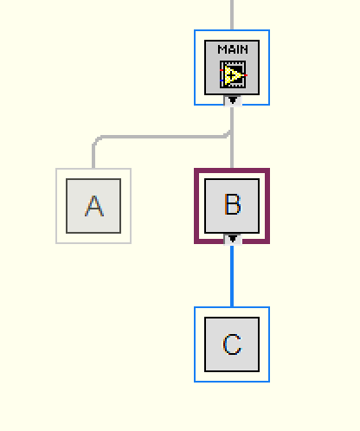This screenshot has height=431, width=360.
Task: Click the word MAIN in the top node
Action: [233, 49]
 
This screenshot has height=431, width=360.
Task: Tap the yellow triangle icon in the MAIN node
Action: [233, 74]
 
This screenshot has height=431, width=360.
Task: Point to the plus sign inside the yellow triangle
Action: [230, 75]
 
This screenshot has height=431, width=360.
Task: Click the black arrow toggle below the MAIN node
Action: [233, 100]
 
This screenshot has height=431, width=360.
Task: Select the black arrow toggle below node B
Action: [233, 239]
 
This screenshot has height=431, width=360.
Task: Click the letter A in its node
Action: [94, 206]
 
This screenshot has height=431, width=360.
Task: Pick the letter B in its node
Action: [232, 204]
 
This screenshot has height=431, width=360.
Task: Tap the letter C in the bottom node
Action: [232, 344]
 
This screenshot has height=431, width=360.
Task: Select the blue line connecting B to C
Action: [232, 275]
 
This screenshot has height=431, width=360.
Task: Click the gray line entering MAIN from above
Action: [232, 15]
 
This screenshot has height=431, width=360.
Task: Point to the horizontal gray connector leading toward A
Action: [163, 137]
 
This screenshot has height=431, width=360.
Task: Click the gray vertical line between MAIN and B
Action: [232, 137]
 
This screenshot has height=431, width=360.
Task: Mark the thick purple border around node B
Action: [196, 206]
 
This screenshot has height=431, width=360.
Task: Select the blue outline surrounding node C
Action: [195, 344]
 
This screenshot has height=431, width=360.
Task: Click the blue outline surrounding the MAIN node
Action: [195, 68]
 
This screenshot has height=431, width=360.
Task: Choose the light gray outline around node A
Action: [56, 206]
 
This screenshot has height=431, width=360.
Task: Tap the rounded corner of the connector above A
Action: [96, 139]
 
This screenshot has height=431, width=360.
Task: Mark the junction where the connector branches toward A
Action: [230, 133]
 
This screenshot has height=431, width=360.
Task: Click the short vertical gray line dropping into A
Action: [93, 156]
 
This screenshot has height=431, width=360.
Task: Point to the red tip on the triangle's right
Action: [246, 75]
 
